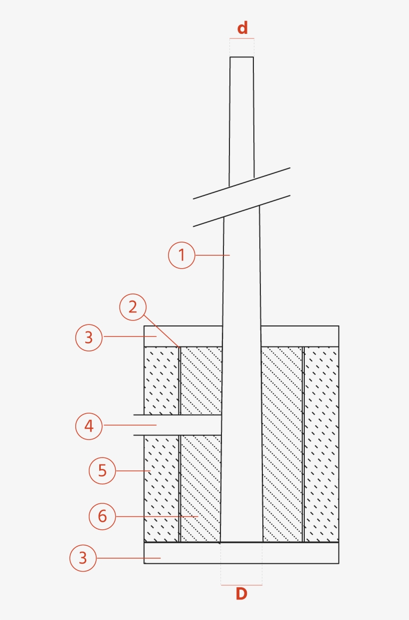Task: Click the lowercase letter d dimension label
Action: [242, 28]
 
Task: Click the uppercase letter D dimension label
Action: [241, 594]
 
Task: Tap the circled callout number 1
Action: [182, 255]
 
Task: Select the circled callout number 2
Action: [133, 307]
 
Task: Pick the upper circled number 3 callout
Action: [89, 338]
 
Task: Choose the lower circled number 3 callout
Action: [83, 558]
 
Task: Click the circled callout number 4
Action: [89, 426]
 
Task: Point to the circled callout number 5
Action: [102, 470]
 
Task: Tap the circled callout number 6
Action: [102, 516]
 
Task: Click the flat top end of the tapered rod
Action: [241, 57]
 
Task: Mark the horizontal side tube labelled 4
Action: [177, 425]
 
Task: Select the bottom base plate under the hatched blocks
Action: [241, 553]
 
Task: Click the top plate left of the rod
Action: [183, 336]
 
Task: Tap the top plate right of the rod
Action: [300, 336]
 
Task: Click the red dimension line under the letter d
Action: [242, 38]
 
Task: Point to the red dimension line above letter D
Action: [241, 585]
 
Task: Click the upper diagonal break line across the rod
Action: [241, 183]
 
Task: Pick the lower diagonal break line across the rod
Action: [241, 211]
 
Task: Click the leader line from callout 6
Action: [157, 516]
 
